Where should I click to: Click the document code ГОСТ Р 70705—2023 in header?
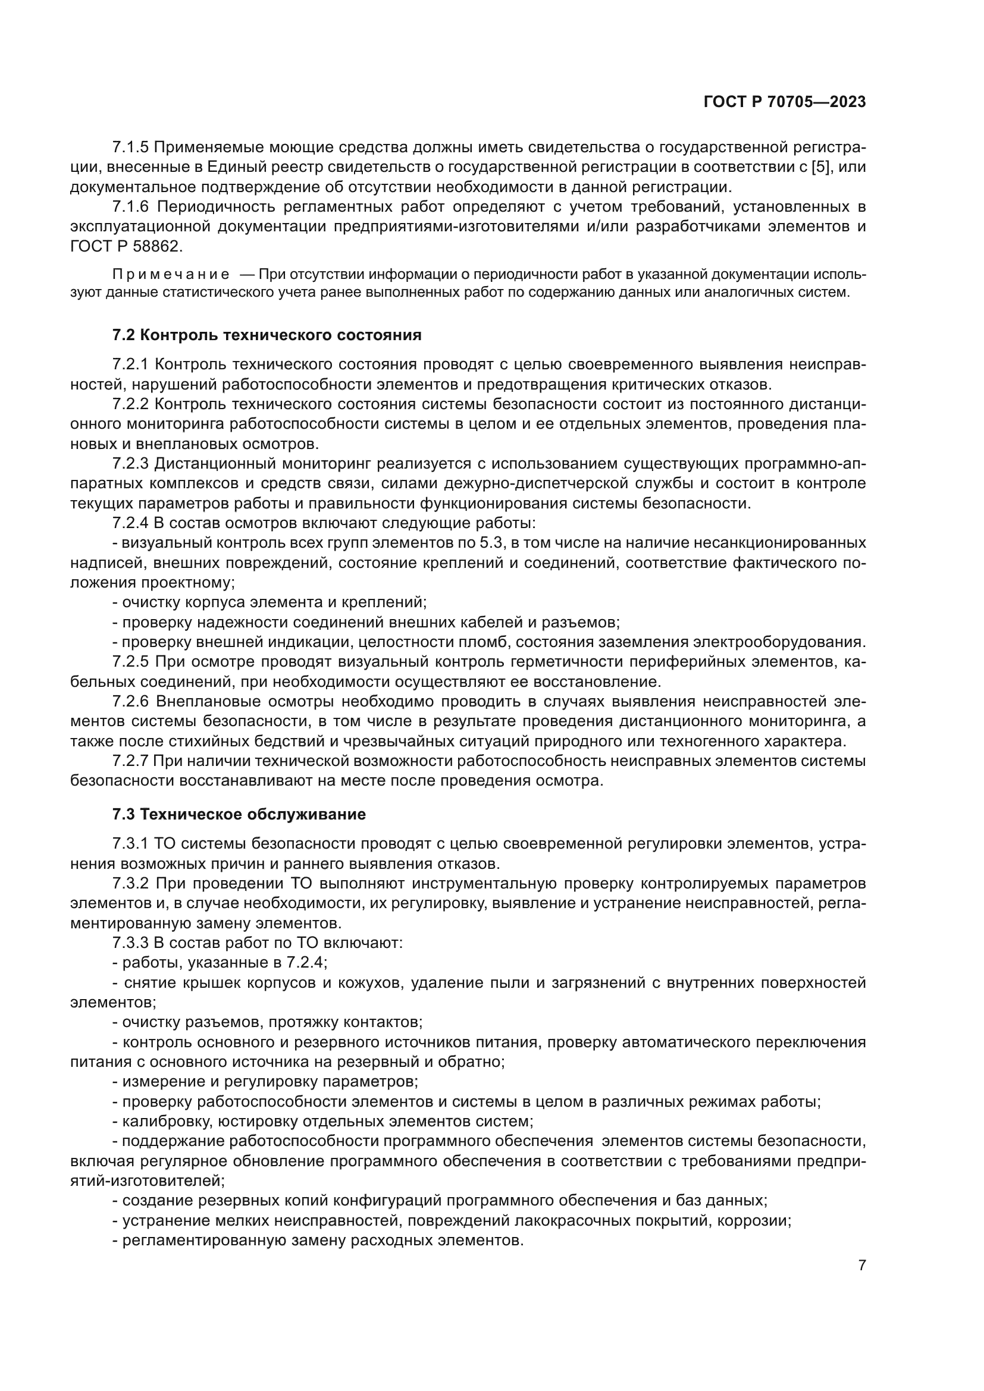click(x=784, y=102)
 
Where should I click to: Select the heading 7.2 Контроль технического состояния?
click(x=267, y=335)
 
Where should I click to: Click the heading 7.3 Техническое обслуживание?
click(x=239, y=814)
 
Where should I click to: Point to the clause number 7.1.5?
click(x=130, y=147)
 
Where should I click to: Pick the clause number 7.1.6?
click(x=130, y=207)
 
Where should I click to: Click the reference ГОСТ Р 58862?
click(x=126, y=247)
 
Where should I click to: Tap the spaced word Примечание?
click(x=171, y=274)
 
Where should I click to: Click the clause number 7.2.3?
click(x=130, y=464)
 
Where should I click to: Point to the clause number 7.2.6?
click(x=130, y=702)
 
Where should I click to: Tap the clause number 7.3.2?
click(x=130, y=884)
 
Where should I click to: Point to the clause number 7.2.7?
click(x=130, y=761)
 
